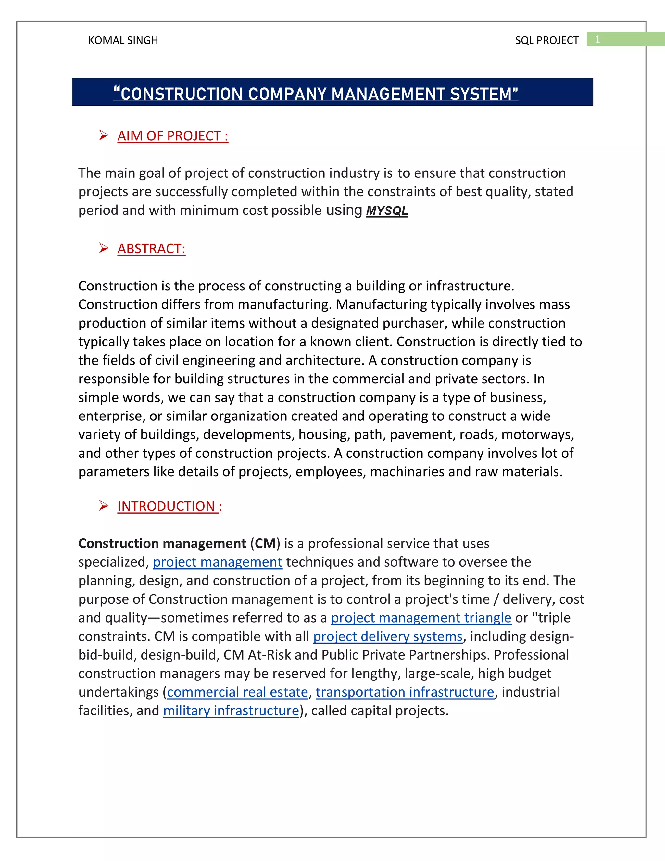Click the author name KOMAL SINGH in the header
click(x=123, y=40)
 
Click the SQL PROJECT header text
click(x=546, y=40)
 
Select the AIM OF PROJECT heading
click(x=172, y=136)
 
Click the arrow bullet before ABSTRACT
click(x=104, y=248)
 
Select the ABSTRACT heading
click(x=151, y=249)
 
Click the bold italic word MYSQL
click(x=387, y=211)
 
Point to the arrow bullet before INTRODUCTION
click(x=104, y=506)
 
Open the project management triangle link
click(x=421, y=618)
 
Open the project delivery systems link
click(x=388, y=636)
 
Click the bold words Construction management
click(x=162, y=544)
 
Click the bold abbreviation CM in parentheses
click(x=265, y=544)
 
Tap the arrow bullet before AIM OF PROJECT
click(x=104, y=135)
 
